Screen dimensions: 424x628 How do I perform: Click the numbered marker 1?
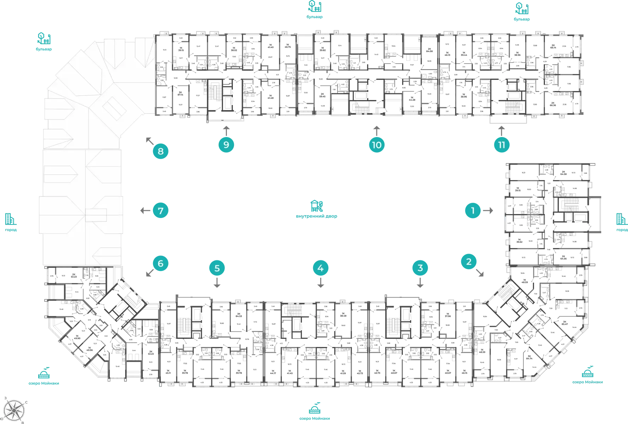click(x=473, y=211)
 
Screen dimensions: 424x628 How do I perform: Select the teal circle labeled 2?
click(x=469, y=262)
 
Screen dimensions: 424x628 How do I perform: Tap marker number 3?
click(x=420, y=268)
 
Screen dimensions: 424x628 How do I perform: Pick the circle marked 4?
click(x=320, y=268)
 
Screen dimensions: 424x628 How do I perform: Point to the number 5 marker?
click(x=217, y=268)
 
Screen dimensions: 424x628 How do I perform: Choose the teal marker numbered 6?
click(x=160, y=264)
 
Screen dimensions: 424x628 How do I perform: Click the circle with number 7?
click(x=160, y=211)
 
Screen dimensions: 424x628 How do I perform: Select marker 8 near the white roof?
click(x=160, y=151)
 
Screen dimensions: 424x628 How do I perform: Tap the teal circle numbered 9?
click(x=226, y=145)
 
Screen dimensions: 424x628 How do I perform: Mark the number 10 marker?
click(x=376, y=145)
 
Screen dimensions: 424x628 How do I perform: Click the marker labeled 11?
click(x=501, y=145)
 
